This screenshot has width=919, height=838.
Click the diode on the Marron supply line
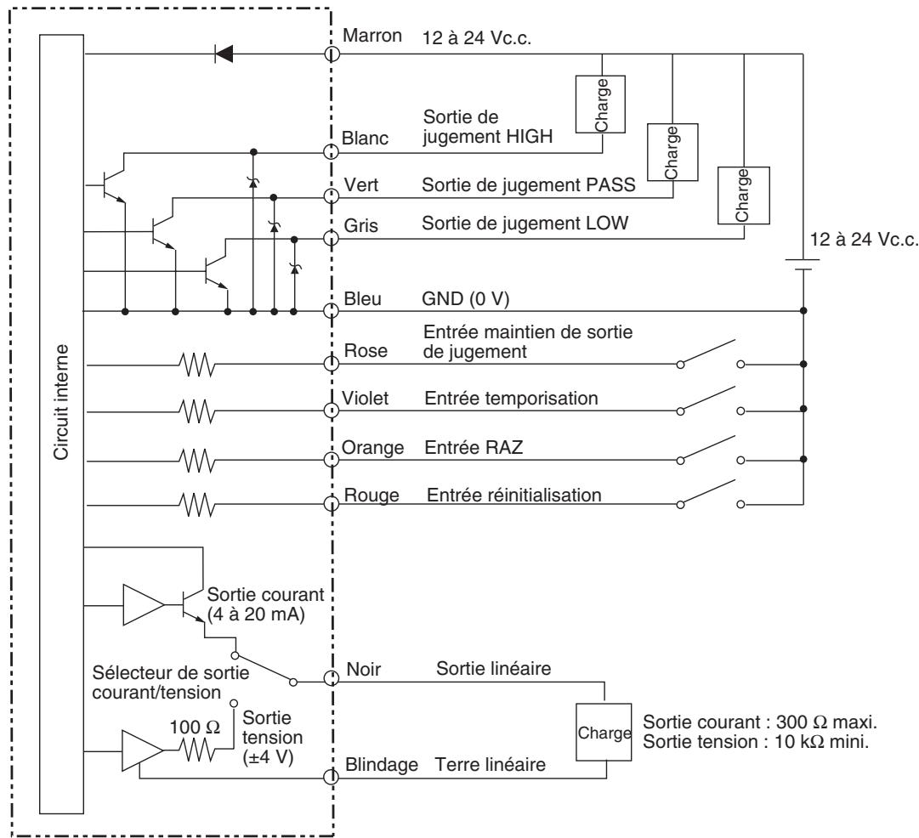(x=224, y=54)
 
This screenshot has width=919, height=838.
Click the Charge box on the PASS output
(x=672, y=151)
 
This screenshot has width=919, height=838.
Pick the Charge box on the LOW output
(x=744, y=195)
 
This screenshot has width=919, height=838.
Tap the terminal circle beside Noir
(x=332, y=680)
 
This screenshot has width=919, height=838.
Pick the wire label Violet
(x=368, y=397)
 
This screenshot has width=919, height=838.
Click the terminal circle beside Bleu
(x=332, y=312)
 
